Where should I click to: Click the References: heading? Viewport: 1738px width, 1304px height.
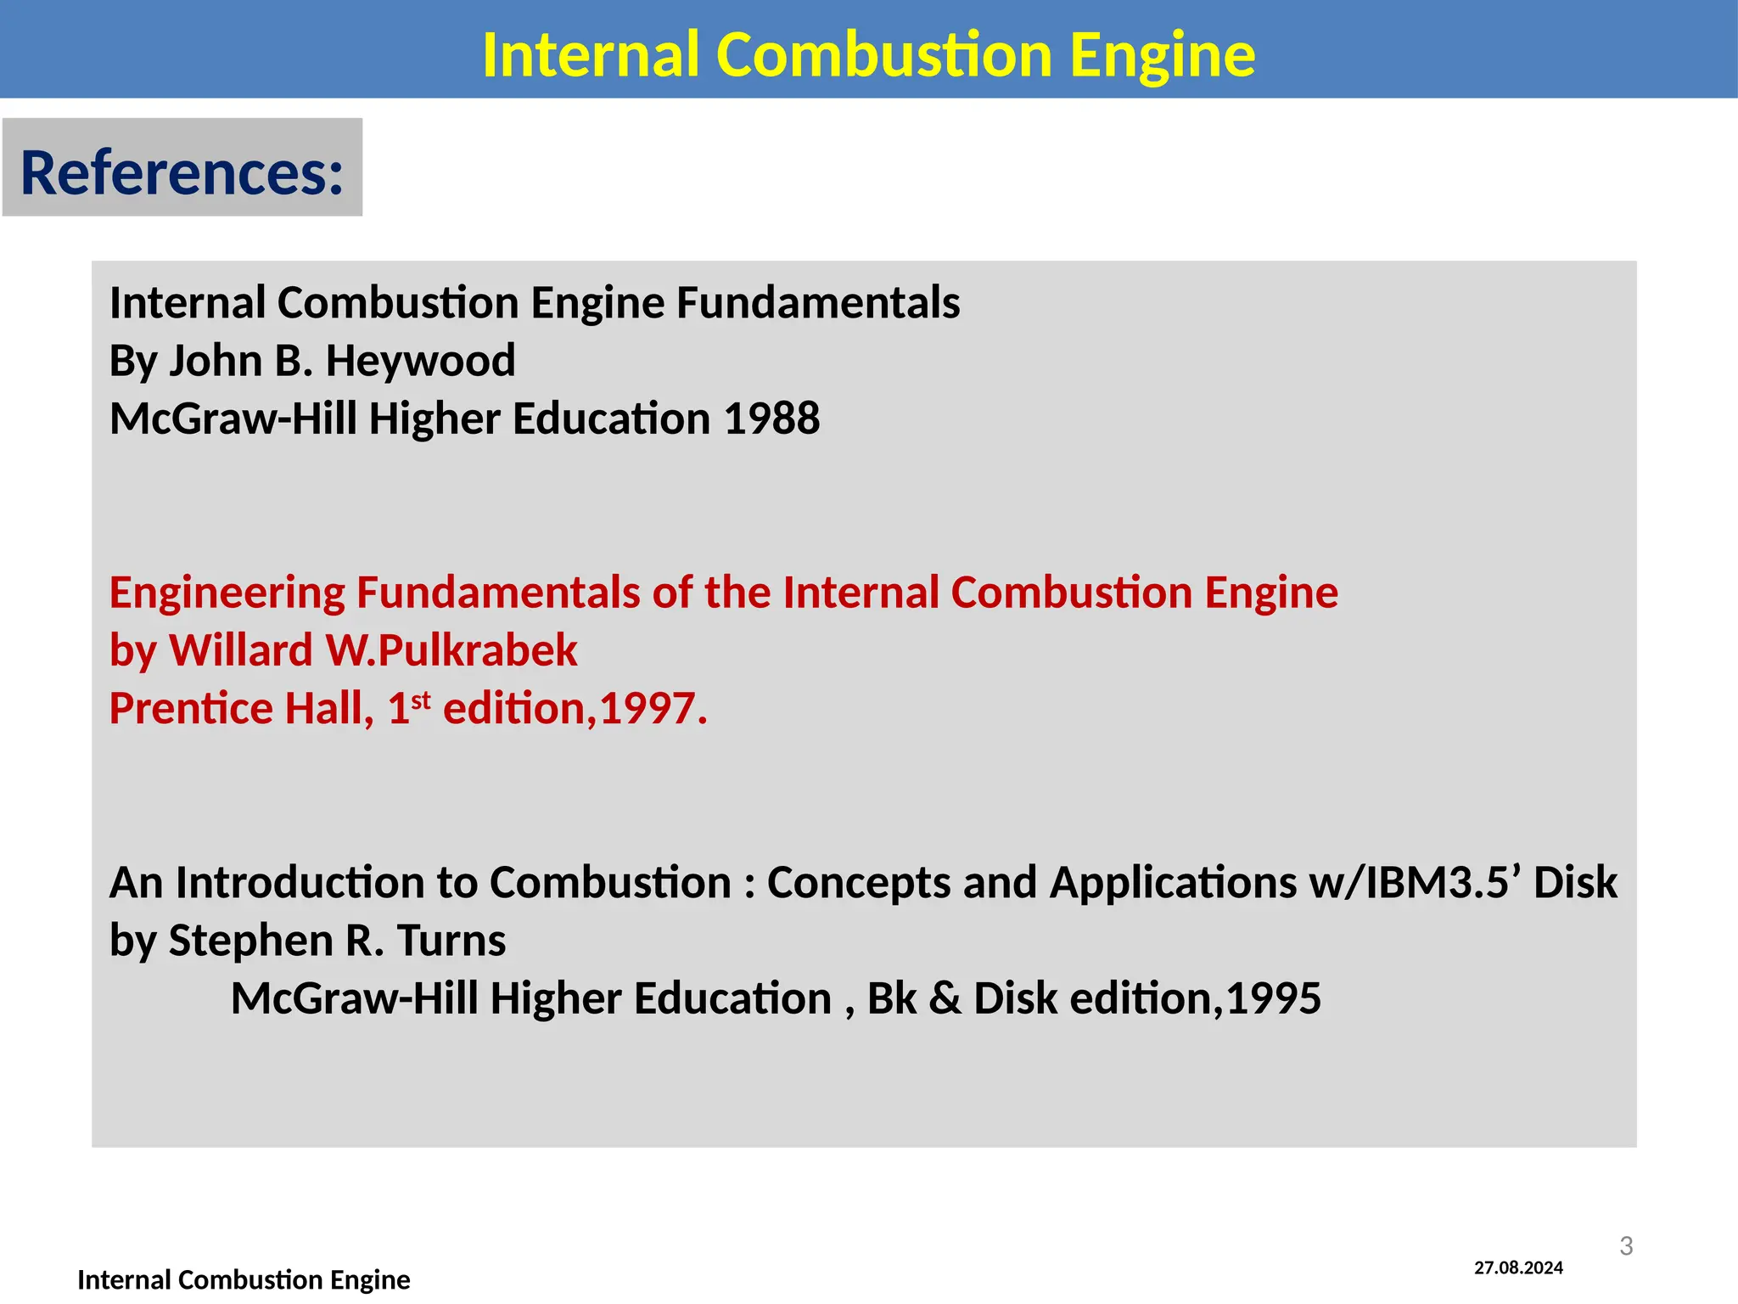click(182, 172)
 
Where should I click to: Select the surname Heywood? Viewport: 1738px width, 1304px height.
click(420, 361)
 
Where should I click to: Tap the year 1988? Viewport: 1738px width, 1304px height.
click(771, 419)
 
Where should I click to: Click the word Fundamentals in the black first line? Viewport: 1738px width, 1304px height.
click(817, 303)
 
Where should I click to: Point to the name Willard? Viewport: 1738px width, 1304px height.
click(241, 650)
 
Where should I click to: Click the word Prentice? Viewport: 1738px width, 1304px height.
click(191, 708)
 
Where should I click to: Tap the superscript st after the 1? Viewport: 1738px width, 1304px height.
click(421, 700)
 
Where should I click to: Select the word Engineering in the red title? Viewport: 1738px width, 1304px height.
click(227, 593)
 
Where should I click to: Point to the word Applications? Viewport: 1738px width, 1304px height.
click(1173, 883)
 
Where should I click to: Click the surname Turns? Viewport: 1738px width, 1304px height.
click(451, 941)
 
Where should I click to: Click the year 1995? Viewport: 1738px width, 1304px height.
click(1273, 998)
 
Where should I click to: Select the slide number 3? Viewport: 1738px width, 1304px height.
click(1626, 1245)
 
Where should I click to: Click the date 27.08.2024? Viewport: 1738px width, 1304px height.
click(1518, 1268)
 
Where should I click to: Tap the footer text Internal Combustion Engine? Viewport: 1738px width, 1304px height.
click(244, 1279)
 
